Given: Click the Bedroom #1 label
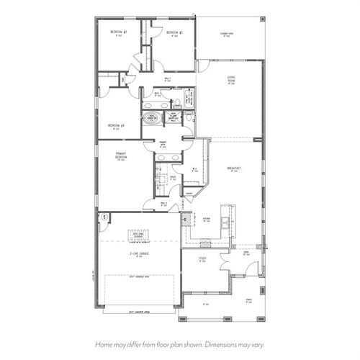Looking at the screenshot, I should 120,32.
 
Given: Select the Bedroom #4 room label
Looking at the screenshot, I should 117,125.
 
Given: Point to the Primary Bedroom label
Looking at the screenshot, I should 120,155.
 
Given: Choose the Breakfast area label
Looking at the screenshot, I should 233,168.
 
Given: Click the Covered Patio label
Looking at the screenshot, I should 226,33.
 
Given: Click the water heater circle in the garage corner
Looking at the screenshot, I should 104,217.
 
